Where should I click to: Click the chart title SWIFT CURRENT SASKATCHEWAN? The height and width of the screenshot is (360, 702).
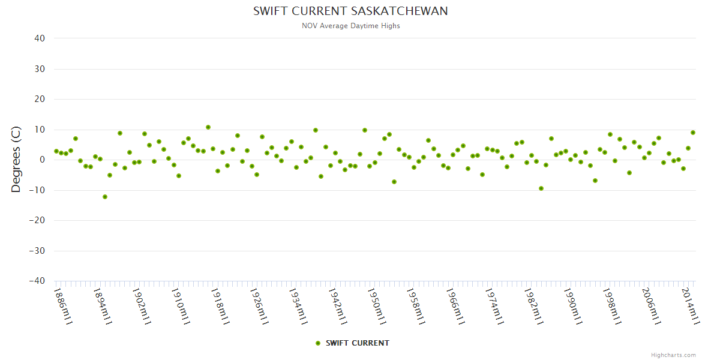point(350,11)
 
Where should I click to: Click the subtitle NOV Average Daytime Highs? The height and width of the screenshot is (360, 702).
point(350,26)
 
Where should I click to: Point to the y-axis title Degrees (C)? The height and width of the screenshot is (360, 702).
point(16,160)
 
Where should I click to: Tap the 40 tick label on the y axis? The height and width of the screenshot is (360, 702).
point(40,38)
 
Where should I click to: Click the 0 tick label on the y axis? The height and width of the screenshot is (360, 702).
point(43,160)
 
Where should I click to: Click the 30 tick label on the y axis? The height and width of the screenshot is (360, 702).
point(40,69)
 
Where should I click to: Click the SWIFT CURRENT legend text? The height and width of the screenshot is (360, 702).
point(358,343)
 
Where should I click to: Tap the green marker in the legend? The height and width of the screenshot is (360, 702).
point(318,343)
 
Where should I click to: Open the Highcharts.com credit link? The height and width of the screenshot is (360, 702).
point(673,355)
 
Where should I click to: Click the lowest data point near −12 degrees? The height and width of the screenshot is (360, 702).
point(105,197)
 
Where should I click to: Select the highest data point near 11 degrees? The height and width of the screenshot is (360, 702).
point(208,127)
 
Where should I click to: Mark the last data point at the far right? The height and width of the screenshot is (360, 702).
point(693,133)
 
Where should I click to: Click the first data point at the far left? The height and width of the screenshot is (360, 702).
point(56,151)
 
